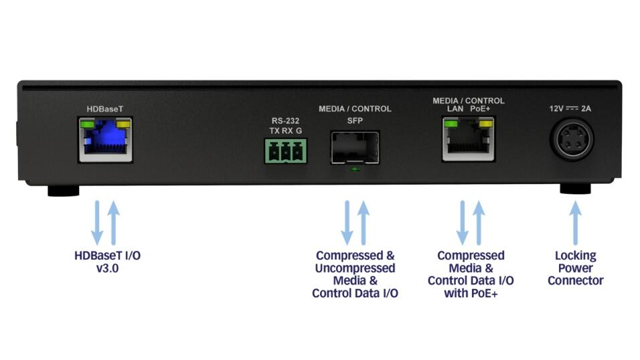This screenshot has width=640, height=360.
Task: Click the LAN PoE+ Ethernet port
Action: (x=469, y=141)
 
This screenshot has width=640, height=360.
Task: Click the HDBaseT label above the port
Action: (x=104, y=109)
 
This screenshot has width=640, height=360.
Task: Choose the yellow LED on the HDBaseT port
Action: (x=123, y=124)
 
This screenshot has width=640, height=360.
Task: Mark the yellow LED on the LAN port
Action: (x=487, y=124)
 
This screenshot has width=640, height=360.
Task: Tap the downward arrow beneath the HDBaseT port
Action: (x=97, y=222)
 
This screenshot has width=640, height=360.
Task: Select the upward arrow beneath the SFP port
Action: (x=364, y=222)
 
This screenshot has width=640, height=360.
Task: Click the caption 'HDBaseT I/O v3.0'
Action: (x=107, y=262)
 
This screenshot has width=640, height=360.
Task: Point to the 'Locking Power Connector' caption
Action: (x=575, y=268)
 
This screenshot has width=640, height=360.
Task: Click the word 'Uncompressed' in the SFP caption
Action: (x=355, y=268)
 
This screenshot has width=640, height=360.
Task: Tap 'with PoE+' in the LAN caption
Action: (x=470, y=293)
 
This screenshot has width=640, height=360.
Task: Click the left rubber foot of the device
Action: (x=61, y=190)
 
